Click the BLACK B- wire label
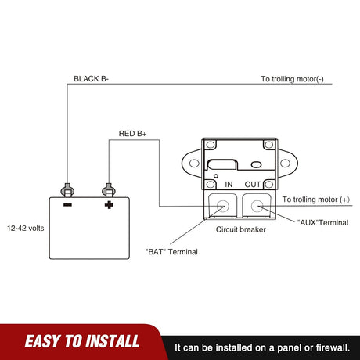click(x=91, y=79)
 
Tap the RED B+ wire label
click(x=132, y=134)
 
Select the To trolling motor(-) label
click(x=292, y=79)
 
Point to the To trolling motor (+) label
click(x=316, y=200)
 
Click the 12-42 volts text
click(x=26, y=229)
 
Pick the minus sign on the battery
click(x=67, y=205)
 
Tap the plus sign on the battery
click(x=109, y=205)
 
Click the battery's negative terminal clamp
click(x=67, y=190)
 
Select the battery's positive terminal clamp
click(x=109, y=190)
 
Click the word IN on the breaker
click(x=229, y=185)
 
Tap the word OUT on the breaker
click(x=253, y=185)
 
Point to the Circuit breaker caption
click(x=241, y=229)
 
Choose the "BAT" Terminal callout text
click(x=171, y=252)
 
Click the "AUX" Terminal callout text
click(x=323, y=222)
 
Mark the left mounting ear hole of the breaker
click(x=194, y=164)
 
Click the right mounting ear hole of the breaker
click(x=285, y=164)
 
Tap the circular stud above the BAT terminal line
click(x=223, y=206)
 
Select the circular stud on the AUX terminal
click(x=257, y=206)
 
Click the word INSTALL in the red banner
click(x=113, y=341)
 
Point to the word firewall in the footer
click(x=333, y=347)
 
